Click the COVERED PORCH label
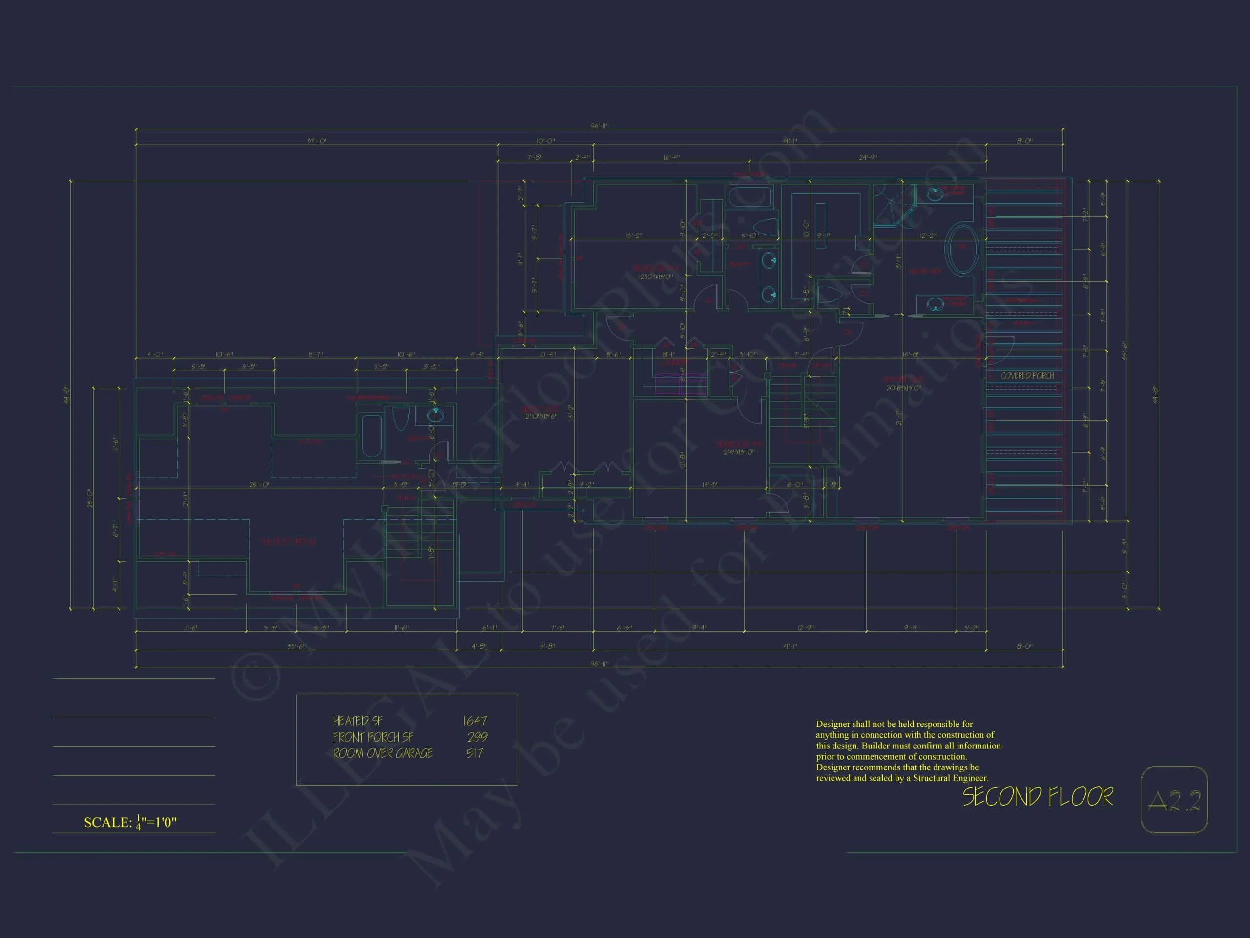[1027, 375]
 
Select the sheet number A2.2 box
[1174, 799]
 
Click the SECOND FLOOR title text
[1038, 797]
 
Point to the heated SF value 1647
[474, 721]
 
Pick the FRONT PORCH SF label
[373, 737]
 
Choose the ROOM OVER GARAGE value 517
[474, 753]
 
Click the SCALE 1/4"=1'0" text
[130, 822]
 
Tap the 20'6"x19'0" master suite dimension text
[904, 388]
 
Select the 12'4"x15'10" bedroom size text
[737, 452]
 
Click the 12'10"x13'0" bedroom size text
[655, 277]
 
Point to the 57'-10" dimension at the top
[317, 141]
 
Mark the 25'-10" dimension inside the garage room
[260, 485]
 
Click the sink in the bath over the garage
[435, 416]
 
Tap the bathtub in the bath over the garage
[371, 436]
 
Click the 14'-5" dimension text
[710, 485]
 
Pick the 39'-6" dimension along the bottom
[295, 646]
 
